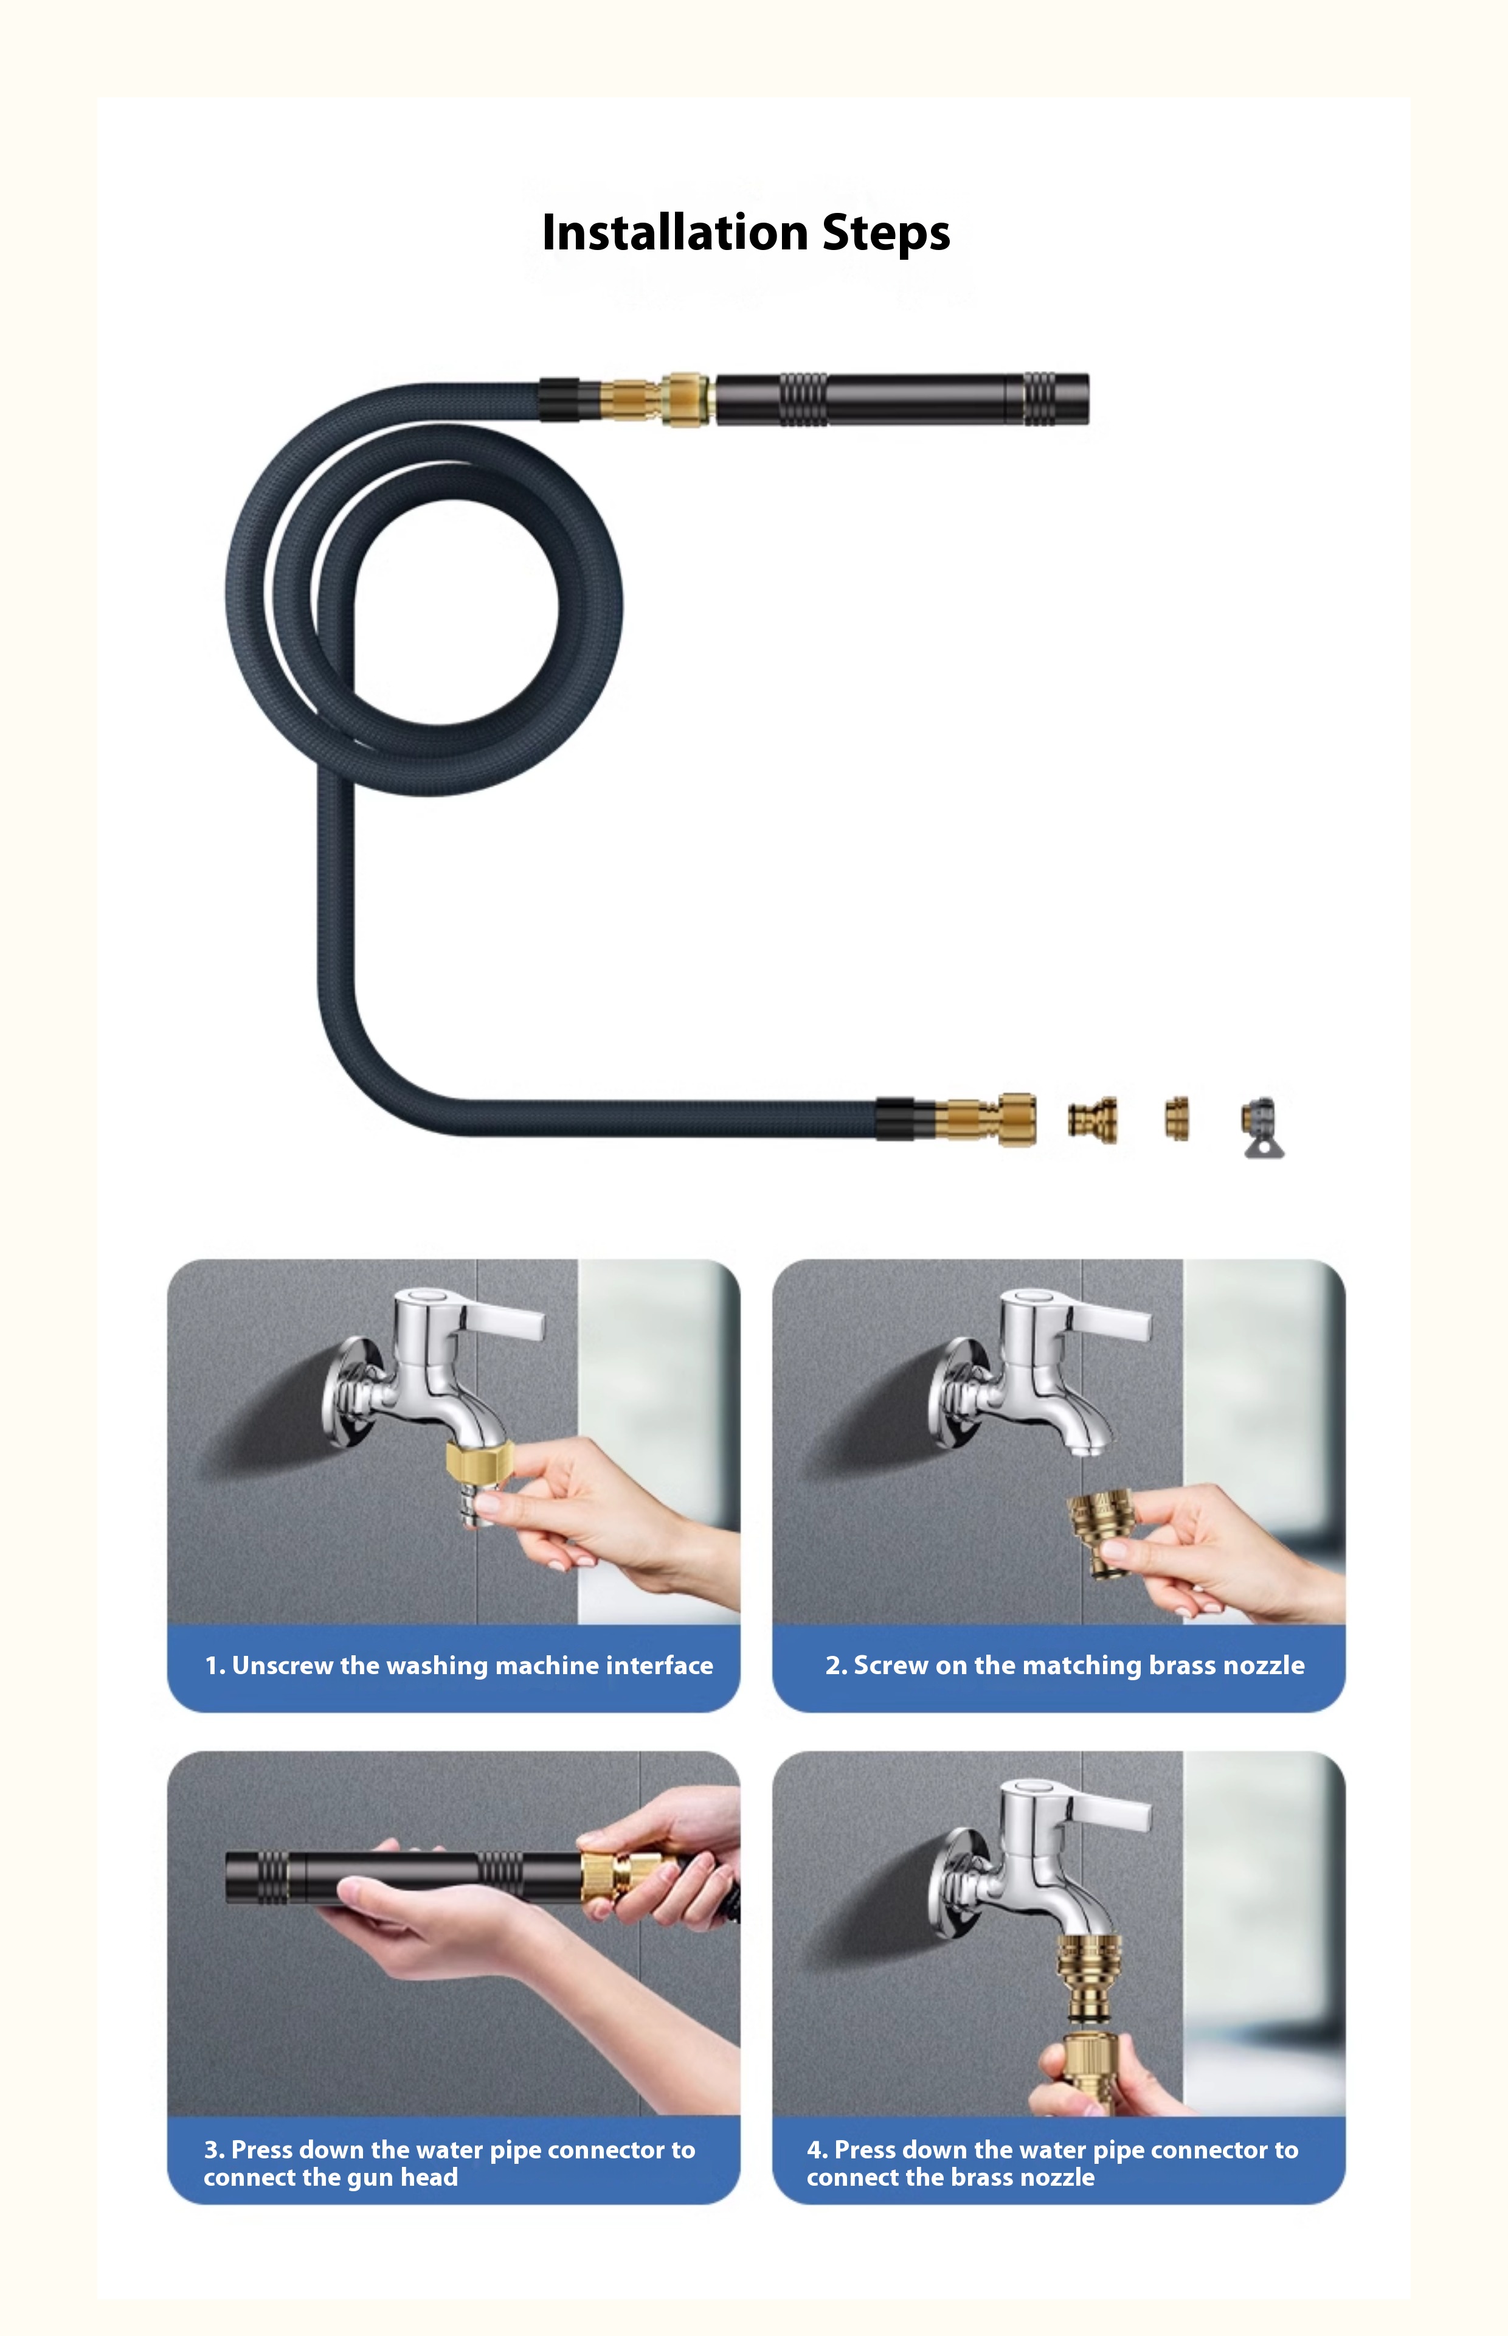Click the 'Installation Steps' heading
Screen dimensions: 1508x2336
(745, 233)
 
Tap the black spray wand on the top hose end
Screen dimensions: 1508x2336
(902, 400)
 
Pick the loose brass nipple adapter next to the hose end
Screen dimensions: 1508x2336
(1093, 1121)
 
